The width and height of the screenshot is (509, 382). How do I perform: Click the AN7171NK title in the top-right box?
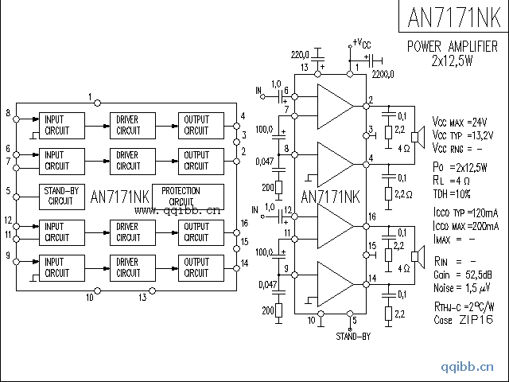[453, 18]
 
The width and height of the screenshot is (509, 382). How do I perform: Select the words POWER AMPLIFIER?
[453, 46]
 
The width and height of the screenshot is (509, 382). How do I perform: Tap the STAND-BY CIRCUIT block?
[60, 196]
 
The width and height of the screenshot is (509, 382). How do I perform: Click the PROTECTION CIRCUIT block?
[181, 196]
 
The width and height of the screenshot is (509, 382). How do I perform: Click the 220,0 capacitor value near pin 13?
[301, 53]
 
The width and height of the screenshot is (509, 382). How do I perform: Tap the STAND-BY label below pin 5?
[352, 337]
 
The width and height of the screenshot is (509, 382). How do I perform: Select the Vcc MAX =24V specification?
[460, 122]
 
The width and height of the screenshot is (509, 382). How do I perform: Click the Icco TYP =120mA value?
[466, 214]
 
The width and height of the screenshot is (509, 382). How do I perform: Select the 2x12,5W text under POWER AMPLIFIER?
[452, 60]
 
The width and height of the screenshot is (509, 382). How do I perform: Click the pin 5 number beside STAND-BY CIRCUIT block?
[7, 191]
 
